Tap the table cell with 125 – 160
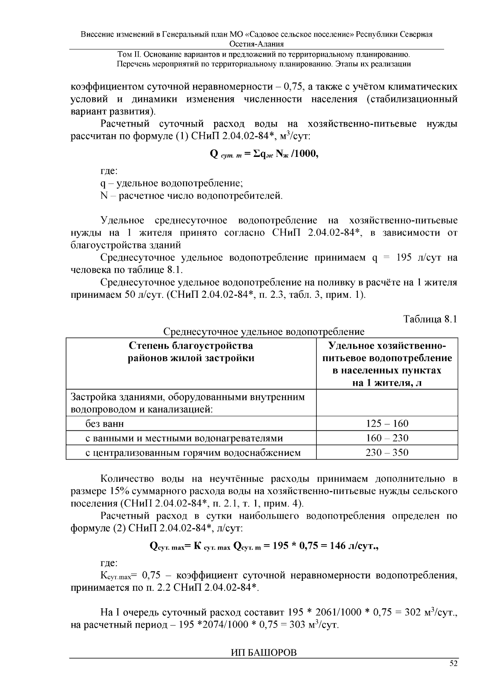point(387,423)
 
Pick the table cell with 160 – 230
point(387,438)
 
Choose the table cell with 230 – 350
point(387,453)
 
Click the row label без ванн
point(104,423)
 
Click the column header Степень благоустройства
point(191,345)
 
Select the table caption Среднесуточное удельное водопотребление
point(263,331)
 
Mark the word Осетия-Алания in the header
point(257,44)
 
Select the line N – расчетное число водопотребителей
point(191,196)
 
